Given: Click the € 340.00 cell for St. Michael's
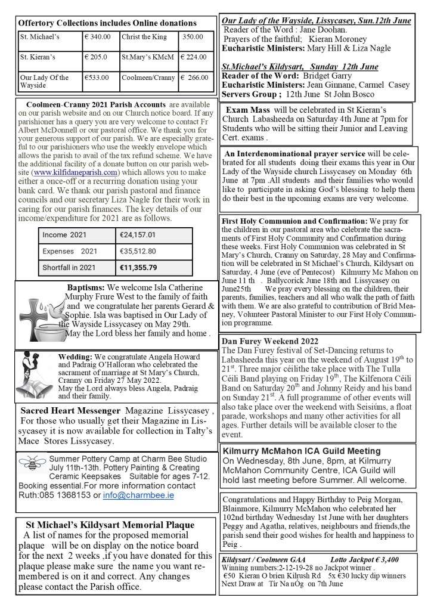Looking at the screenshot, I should pyautogui.click(x=98, y=37).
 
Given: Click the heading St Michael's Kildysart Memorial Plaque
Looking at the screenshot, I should pyautogui.click(x=110, y=525).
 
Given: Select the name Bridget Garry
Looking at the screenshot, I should pyautogui.click(x=328, y=77).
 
